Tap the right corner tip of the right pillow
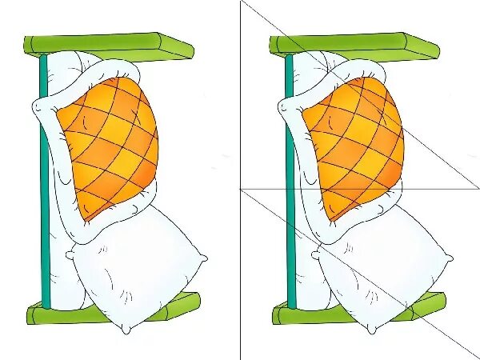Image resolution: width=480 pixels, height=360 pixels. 452,258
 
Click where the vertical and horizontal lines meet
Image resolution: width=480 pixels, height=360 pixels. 241,190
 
